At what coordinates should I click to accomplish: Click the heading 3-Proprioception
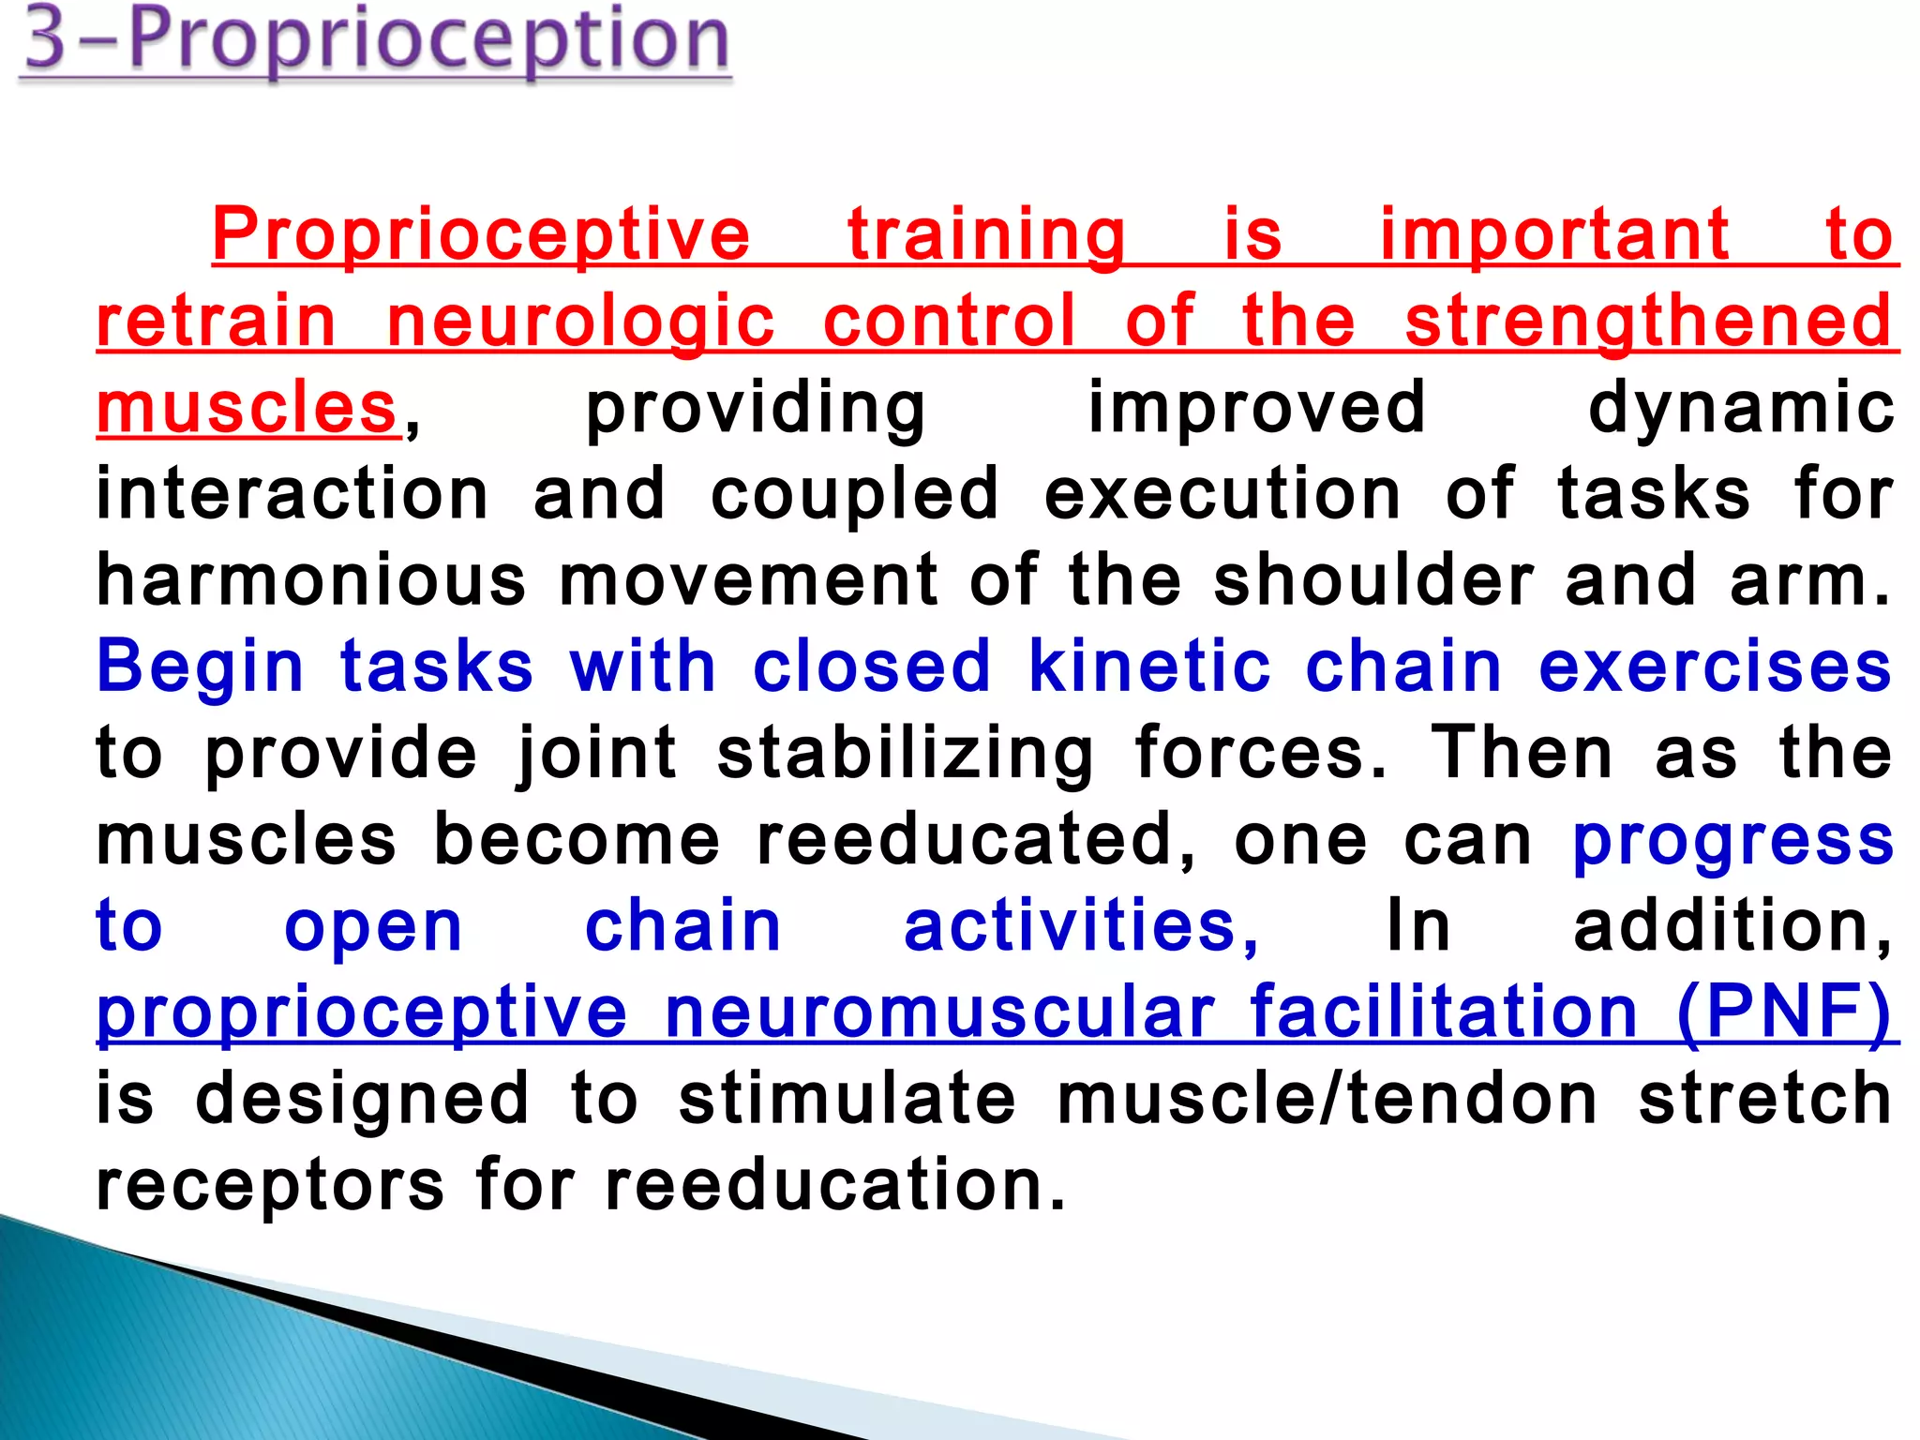pyautogui.click(x=375, y=42)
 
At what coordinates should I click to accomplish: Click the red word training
pyautogui.click(x=986, y=234)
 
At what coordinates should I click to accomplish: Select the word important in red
pyautogui.click(x=1554, y=234)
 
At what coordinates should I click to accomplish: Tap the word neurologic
pyautogui.click(x=580, y=321)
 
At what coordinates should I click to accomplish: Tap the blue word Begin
pyautogui.click(x=201, y=667)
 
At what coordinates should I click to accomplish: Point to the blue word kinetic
pyautogui.click(x=1149, y=667)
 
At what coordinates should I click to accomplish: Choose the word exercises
pyautogui.click(x=1715, y=667)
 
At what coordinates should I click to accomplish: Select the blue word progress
pyautogui.click(x=1732, y=841)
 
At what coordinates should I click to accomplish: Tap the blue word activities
pyautogui.click(x=1081, y=926)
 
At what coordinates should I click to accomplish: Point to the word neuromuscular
pyautogui.click(x=939, y=1012)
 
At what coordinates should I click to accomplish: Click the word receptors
pyautogui.click(x=270, y=1186)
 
